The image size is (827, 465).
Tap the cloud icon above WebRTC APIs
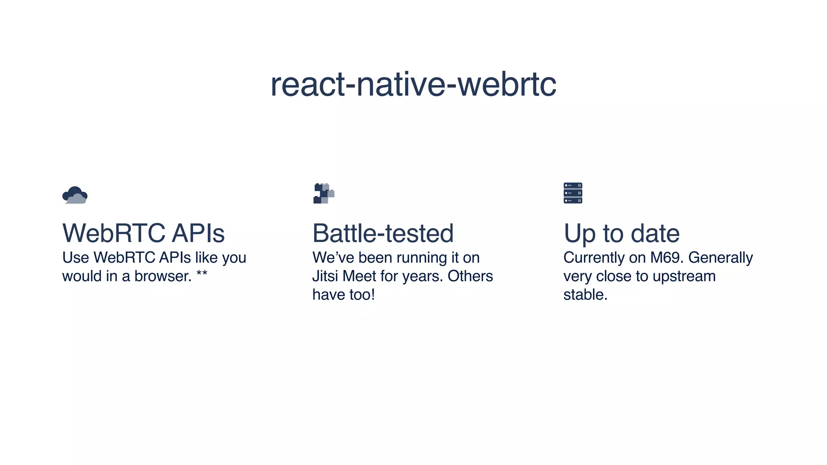75,195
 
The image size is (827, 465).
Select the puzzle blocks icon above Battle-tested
324,193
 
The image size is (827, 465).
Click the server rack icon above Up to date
573,193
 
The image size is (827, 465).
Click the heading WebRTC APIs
143,233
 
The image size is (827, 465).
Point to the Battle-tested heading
383,233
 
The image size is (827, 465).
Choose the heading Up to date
621,233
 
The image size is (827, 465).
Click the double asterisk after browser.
202,274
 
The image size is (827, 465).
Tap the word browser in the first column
163,276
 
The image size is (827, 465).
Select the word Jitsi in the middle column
325,276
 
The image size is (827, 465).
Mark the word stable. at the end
585,295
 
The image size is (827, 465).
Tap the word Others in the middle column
470,276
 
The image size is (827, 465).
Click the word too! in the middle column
362,295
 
